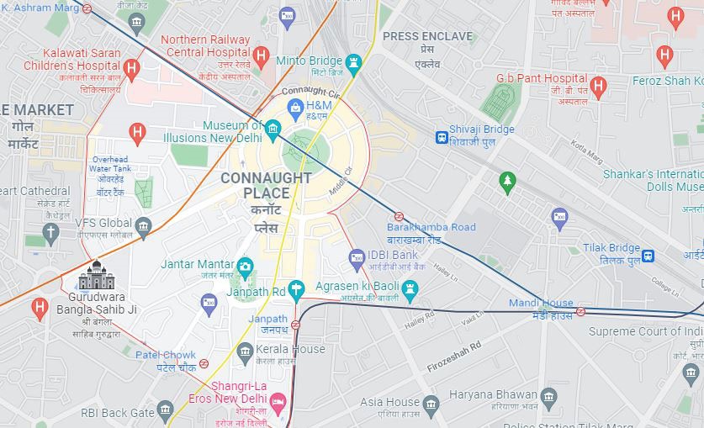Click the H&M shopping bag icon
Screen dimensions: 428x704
point(295,106)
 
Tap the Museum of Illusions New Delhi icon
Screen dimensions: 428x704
point(273,129)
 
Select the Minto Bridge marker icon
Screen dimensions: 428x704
point(353,62)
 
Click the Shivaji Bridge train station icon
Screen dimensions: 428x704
point(442,137)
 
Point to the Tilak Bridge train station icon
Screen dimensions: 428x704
point(648,256)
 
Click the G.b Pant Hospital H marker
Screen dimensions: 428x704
point(598,85)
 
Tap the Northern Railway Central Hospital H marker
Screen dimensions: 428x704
point(261,57)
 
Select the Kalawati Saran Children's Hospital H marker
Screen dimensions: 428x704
point(130,68)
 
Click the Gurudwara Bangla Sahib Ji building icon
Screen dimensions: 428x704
point(97,276)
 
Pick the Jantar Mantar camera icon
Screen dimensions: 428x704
point(245,267)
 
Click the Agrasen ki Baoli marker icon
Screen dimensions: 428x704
point(410,291)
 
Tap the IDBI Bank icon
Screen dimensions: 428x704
point(357,256)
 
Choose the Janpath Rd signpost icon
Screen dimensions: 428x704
point(295,291)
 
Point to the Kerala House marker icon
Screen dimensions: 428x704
point(246,351)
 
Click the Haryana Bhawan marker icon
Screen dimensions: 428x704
point(549,395)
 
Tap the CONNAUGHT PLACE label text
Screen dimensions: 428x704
point(266,186)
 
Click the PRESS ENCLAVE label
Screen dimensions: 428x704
point(426,37)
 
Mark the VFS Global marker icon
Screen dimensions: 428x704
point(143,225)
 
